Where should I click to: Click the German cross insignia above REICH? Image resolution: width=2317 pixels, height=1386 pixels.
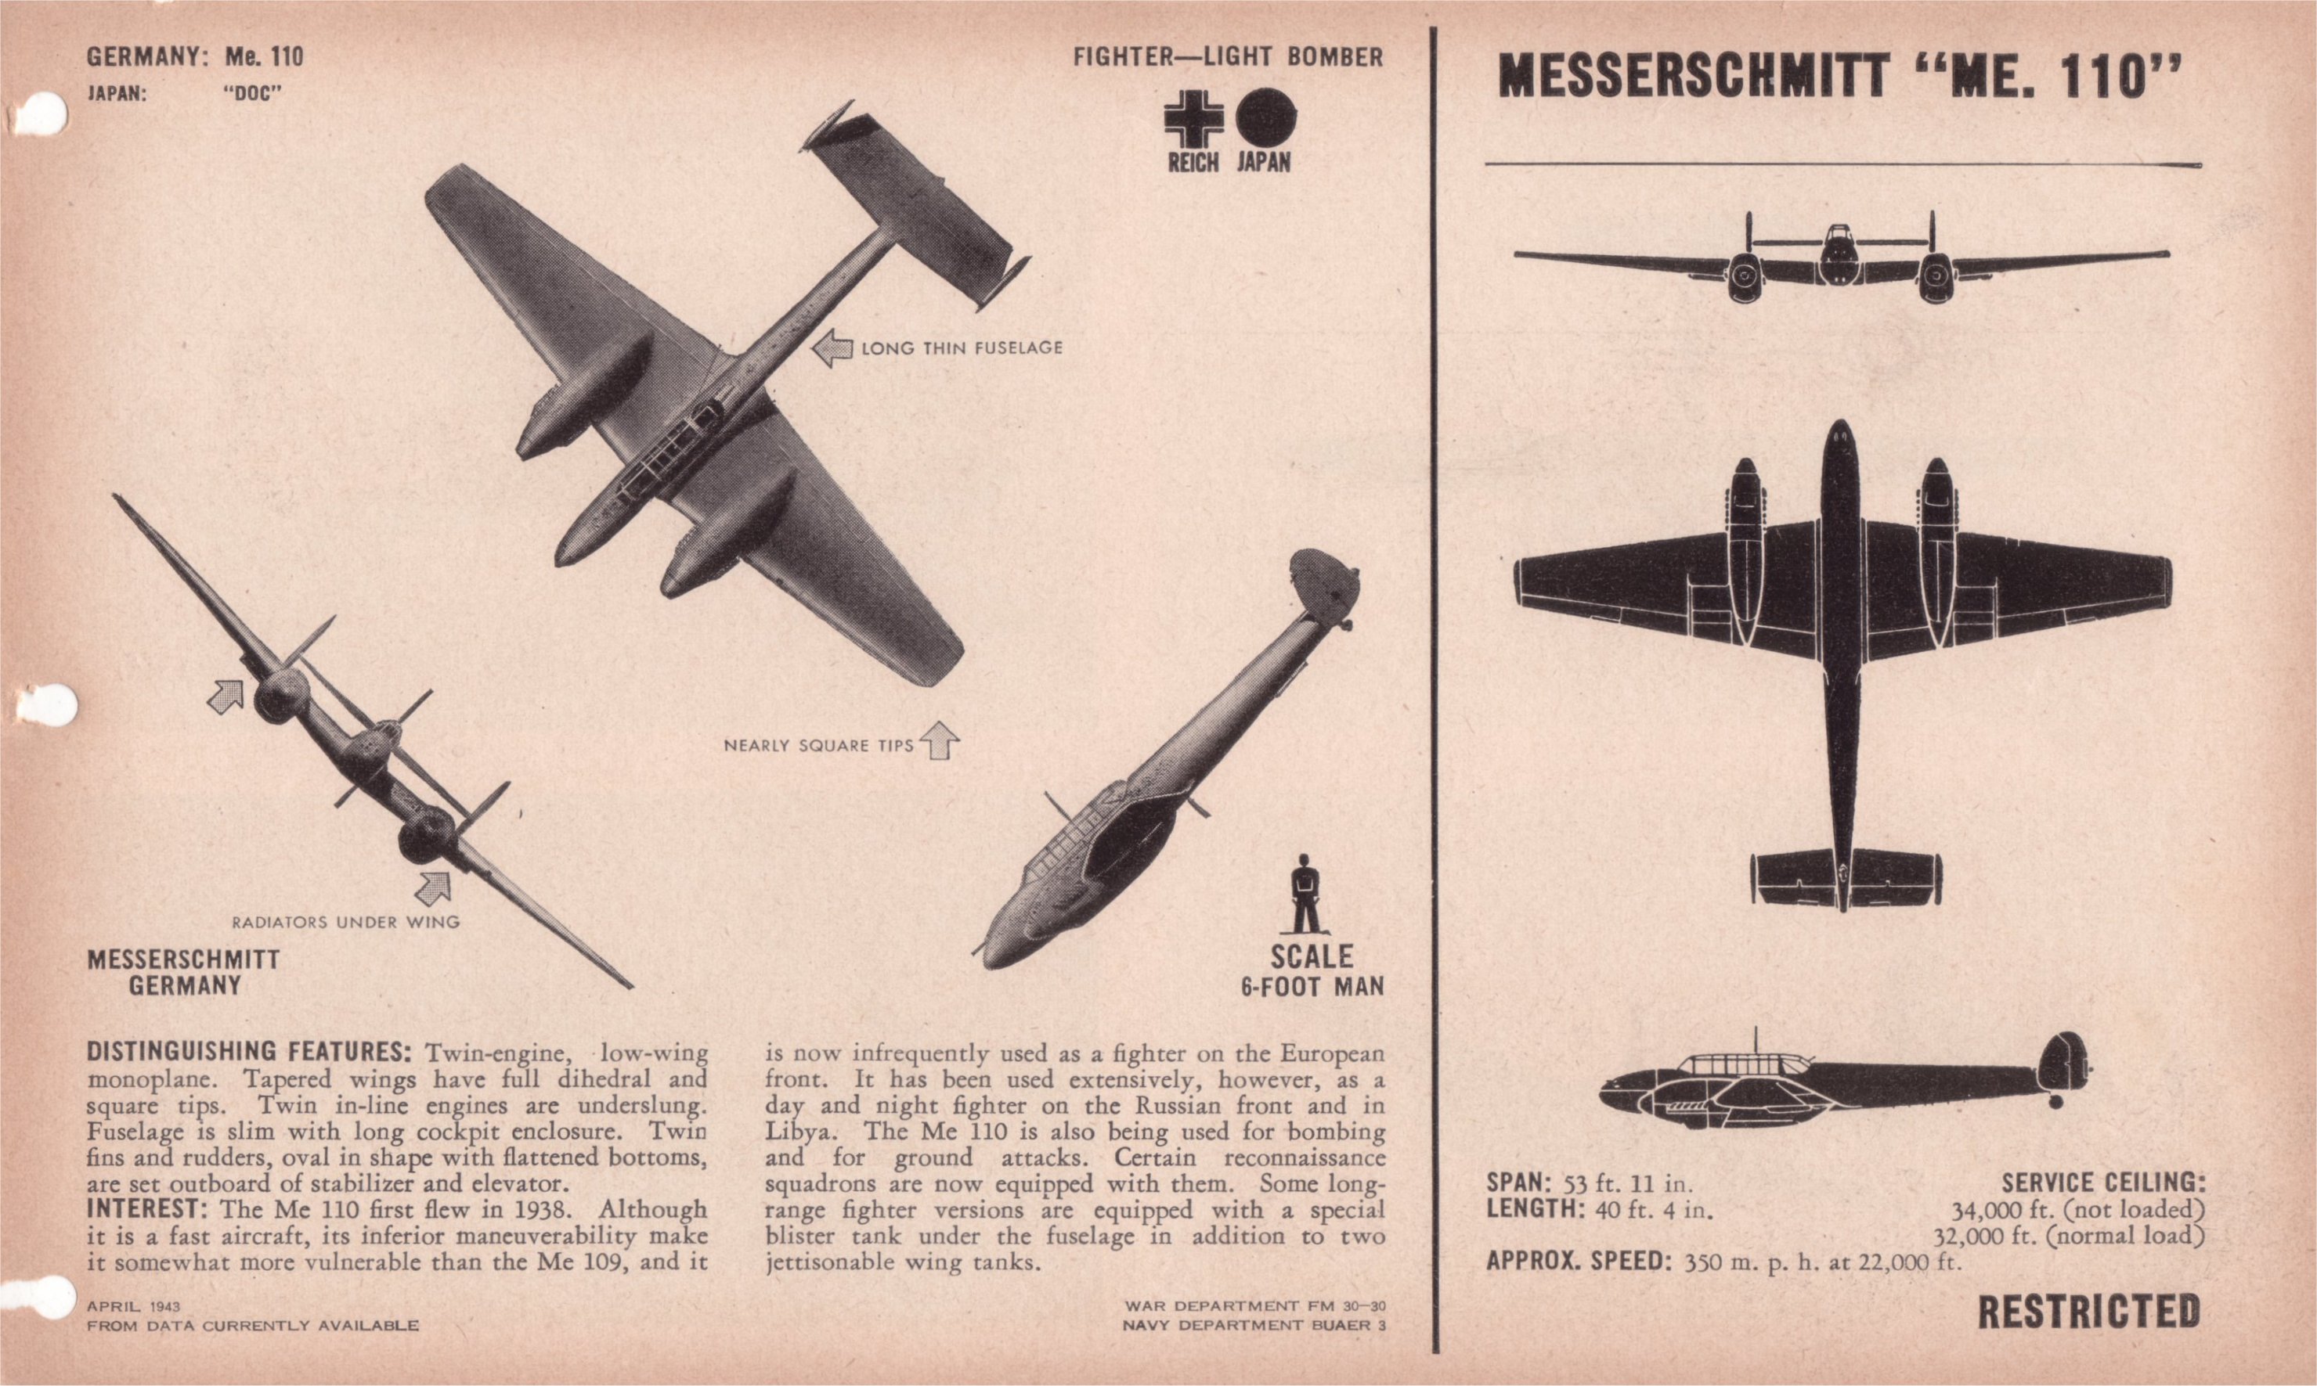[x=1193, y=120]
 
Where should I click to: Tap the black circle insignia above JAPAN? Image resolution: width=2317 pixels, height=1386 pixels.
[x=1266, y=120]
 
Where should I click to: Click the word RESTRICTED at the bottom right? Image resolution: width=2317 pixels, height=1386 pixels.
[x=2088, y=1312]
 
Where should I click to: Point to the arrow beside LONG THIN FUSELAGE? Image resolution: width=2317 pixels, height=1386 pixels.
[x=832, y=348]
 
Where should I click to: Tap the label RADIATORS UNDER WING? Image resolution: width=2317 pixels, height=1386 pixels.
[x=345, y=923]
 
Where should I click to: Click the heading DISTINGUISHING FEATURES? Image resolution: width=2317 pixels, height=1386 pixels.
[x=248, y=1053]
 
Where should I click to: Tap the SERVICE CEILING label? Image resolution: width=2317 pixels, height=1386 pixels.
[x=2103, y=1183]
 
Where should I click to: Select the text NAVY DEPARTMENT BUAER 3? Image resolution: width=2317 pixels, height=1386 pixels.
[x=1254, y=1325]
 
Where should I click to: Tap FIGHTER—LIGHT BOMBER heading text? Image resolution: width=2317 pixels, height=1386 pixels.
[x=1228, y=57]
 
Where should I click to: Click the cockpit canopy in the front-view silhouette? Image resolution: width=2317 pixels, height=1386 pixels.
[x=1838, y=240]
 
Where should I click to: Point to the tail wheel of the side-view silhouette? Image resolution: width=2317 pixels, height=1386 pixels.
[x=2055, y=1102]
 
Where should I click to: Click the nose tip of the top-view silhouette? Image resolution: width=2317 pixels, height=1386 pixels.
[x=1839, y=425]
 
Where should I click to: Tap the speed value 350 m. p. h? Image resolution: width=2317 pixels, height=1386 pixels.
[x=1742, y=1262]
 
